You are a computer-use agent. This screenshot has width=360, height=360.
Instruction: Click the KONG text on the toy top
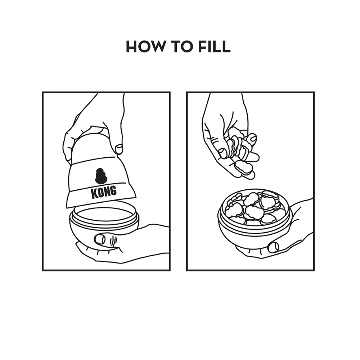(x=104, y=192)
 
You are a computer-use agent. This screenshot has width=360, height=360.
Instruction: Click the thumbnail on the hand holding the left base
(x=100, y=240)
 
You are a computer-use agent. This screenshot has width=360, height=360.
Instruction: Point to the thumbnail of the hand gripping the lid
(x=119, y=149)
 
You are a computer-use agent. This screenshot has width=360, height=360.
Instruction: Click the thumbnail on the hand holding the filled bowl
(x=274, y=247)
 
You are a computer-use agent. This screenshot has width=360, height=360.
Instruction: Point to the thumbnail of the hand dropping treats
(x=222, y=153)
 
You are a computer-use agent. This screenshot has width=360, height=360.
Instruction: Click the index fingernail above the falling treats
(x=253, y=138)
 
